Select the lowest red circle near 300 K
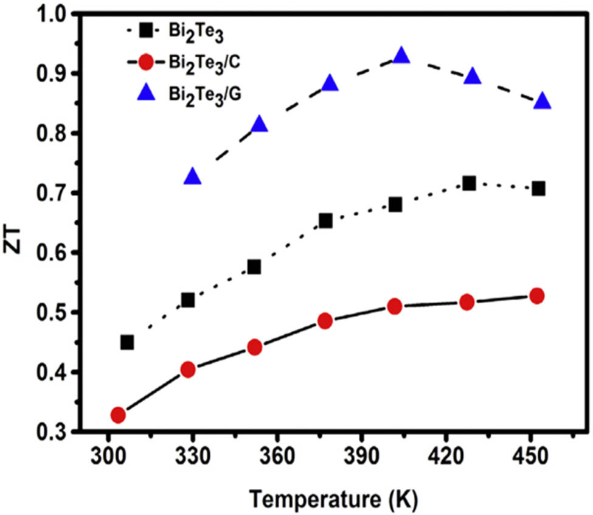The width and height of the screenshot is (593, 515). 118,415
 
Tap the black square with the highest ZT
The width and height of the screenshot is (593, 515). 469,183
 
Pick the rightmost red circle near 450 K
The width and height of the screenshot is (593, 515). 537,296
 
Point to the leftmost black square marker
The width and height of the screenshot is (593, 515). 127,342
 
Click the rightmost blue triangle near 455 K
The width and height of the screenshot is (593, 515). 543,102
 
